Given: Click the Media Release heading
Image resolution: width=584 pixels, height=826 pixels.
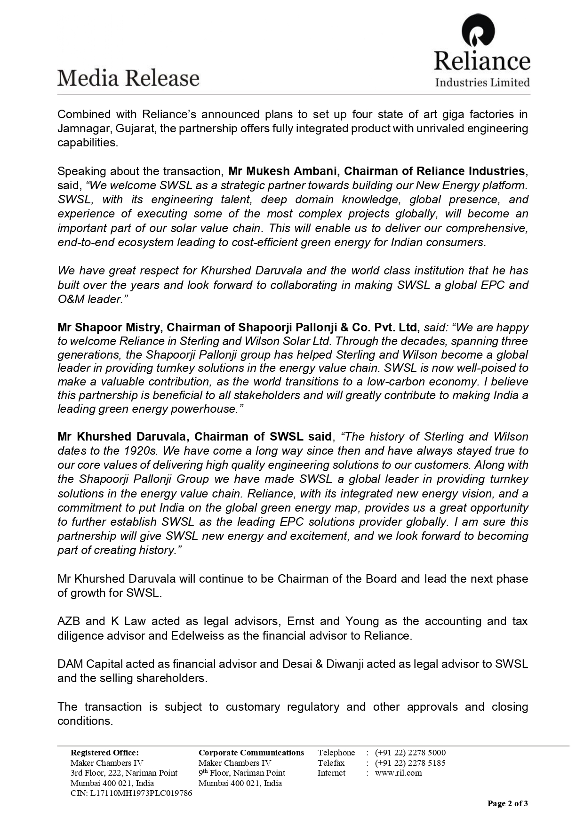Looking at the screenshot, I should coord(128,78).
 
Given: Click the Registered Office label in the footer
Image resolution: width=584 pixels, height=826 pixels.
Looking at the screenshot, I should coord(104,753).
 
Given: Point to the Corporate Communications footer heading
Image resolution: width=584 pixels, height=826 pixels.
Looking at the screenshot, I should coord(251,753).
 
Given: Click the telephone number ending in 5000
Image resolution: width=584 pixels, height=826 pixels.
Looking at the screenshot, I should coord(410,753).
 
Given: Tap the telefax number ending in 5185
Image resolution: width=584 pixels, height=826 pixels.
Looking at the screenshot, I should coord(410,763).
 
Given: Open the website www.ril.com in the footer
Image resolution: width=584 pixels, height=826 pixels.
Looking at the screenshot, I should coord(398,773).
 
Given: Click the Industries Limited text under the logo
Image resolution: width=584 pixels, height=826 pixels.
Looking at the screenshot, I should coord(482,83).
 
